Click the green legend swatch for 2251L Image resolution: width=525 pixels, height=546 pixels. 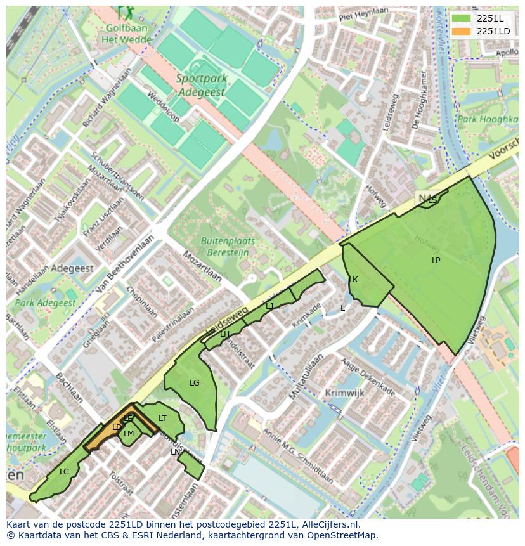tap(461, 18)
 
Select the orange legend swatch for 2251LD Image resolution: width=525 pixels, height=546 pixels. tap(461, 31)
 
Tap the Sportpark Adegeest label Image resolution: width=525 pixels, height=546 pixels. tap(200, 85)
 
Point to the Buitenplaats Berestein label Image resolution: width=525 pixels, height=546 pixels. tap(228, 246)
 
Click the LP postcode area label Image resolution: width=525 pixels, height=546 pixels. tap(436, 261)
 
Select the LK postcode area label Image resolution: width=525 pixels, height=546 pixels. tap(353, 280)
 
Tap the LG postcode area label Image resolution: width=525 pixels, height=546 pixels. tap(194, 383)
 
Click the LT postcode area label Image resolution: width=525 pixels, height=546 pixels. tap(162, 419)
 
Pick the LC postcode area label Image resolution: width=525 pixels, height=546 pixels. tap(64, 472)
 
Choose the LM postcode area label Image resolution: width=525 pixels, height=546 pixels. tap(129, 434)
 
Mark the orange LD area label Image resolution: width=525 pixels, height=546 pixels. tap(117, 427)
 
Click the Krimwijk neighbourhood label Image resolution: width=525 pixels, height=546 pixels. tap(344, 393)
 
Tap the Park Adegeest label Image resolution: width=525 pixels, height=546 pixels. tap(45, 303)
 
